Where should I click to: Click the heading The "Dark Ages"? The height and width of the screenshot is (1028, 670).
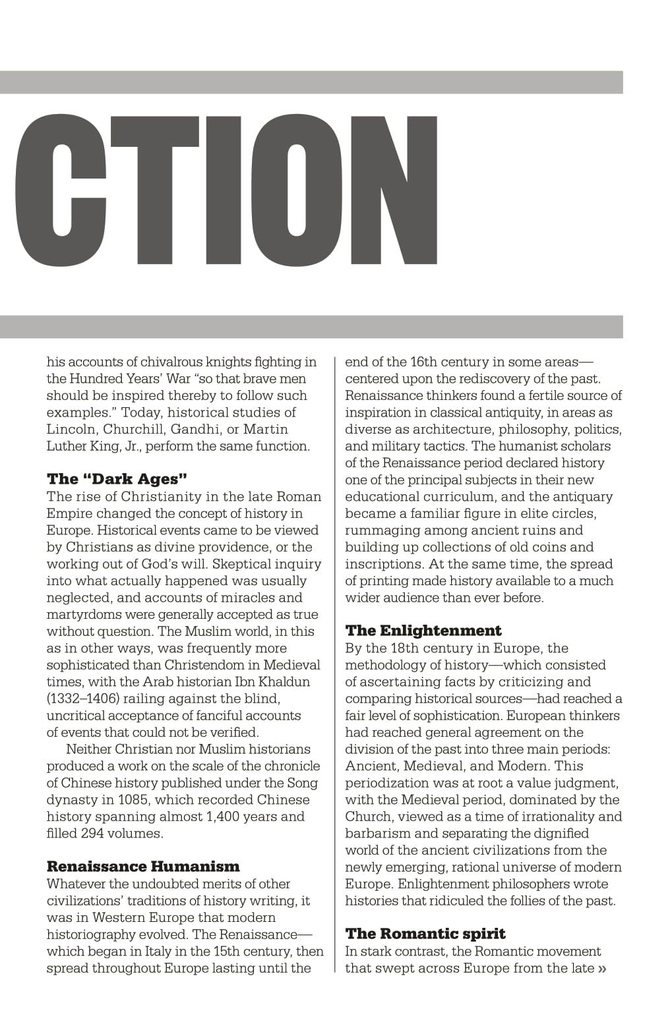[x=113, y=478]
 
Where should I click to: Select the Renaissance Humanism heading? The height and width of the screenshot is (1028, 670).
[x=143, y=866]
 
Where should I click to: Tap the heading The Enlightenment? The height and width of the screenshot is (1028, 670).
[x=423, y=630]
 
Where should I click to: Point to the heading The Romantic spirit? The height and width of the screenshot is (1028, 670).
[x=425, y=933]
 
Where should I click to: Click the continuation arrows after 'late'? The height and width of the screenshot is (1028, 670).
[x=601, y=969]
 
